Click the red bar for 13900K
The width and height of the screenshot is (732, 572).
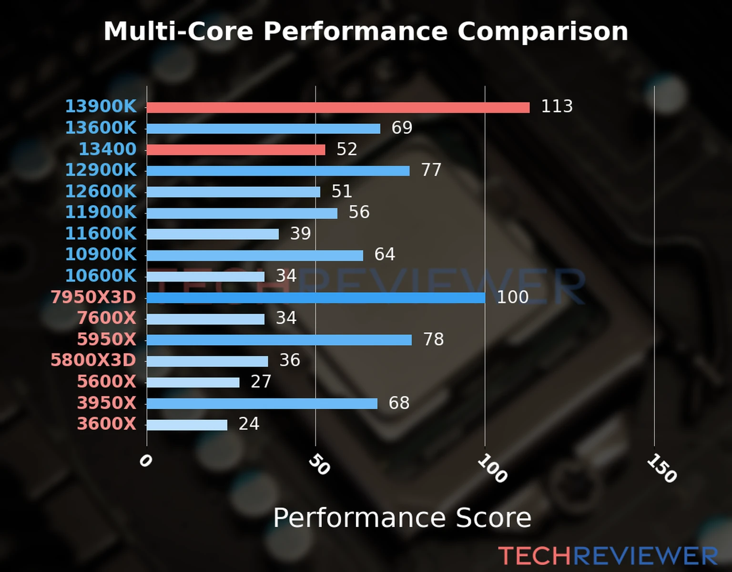[x=338, y=107]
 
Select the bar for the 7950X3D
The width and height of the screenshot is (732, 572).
[x=315, y=298]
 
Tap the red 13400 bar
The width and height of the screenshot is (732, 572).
[x=236, y=150]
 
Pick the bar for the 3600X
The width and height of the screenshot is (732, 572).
[x=187, y=425]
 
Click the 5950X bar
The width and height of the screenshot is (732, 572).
[x=279, y=340]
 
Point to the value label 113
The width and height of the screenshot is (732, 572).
[x=557, y=106]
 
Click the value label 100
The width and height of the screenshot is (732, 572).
[x=512, y=297]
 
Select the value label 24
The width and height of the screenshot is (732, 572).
[x=249, y=424]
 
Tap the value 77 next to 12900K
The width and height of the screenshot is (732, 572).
[x=431, y=170]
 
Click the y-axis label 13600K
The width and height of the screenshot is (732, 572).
[x=101, y=128]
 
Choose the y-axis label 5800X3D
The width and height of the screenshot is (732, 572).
[x=93, y=360]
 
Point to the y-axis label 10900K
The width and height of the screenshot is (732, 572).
[x=101, y=254]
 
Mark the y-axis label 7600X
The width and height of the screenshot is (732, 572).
[x=107, y=317]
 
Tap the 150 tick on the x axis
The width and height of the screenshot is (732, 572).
[x=661, y=468]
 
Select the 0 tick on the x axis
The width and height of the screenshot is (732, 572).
[x=145, y=461]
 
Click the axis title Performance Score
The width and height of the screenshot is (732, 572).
[x=402, y=518]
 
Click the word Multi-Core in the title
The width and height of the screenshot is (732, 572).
[x=178, y=31]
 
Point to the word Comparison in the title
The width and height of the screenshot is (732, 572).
[x=542, y=31]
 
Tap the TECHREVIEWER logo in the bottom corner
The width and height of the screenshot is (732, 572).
[x=608, y=556]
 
